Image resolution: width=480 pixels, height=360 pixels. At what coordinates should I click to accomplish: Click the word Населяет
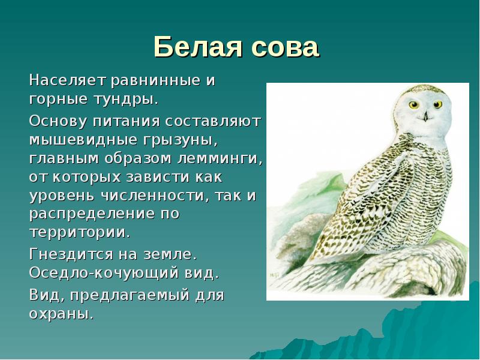(67, 80)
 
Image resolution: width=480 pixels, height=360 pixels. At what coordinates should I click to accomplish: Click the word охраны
(61, 313)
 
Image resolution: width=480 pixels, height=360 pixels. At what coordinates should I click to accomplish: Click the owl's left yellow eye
(413, 104)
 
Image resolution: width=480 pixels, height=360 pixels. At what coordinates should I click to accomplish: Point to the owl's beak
(426, 115)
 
